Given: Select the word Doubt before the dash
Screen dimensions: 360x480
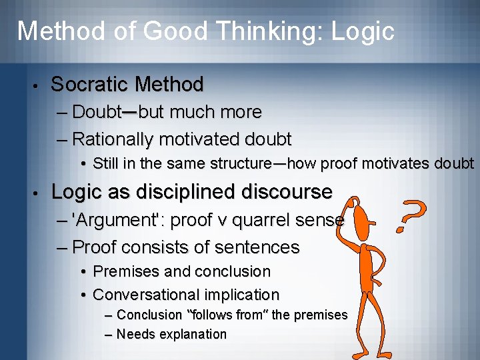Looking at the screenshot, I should [96, 112].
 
